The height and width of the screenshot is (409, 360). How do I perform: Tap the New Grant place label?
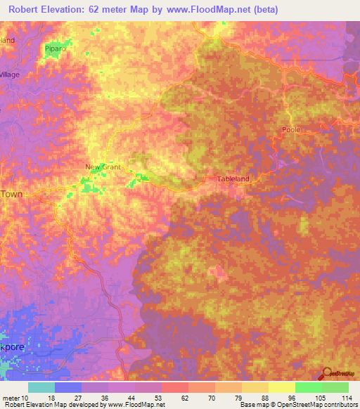(103, 167)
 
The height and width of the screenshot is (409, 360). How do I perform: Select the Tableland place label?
(233, 178)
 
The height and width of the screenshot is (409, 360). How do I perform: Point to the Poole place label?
(290, 130)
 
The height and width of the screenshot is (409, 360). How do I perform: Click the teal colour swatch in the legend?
(41, 387)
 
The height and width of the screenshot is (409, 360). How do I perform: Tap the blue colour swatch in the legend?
(68, 387)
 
